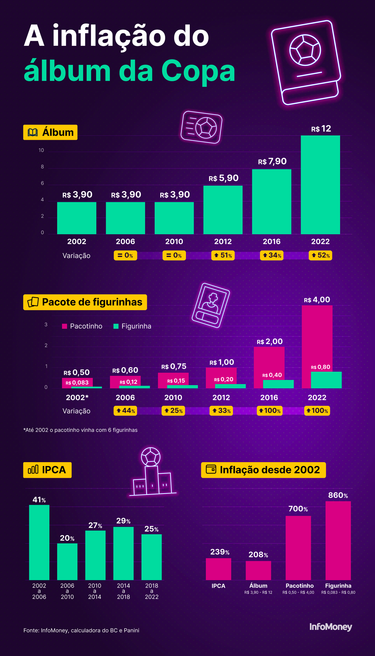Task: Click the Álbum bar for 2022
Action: [x=320, y=185]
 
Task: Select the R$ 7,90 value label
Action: [x=272, y=162]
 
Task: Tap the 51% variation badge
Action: [x=223, y=255]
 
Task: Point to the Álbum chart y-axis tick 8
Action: [x=42, y=167]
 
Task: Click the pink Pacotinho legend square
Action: [x=65, y=326]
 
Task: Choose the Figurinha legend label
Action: [x=136, y=326]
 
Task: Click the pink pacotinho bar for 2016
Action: [x=269, y=362]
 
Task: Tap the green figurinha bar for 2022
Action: [x=326, y=380]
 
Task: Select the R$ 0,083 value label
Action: [x=77, y=383]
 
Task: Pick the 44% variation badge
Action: [x=125, y=411]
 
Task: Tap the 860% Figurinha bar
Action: [x=338, y=540]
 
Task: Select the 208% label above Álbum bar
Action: [x=258, y=554]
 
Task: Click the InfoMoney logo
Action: [x=331, y=627]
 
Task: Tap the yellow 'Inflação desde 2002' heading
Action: [x=263, y=470]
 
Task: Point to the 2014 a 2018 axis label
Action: [x=123, y=591]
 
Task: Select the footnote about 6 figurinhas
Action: [x=80, y=430]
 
